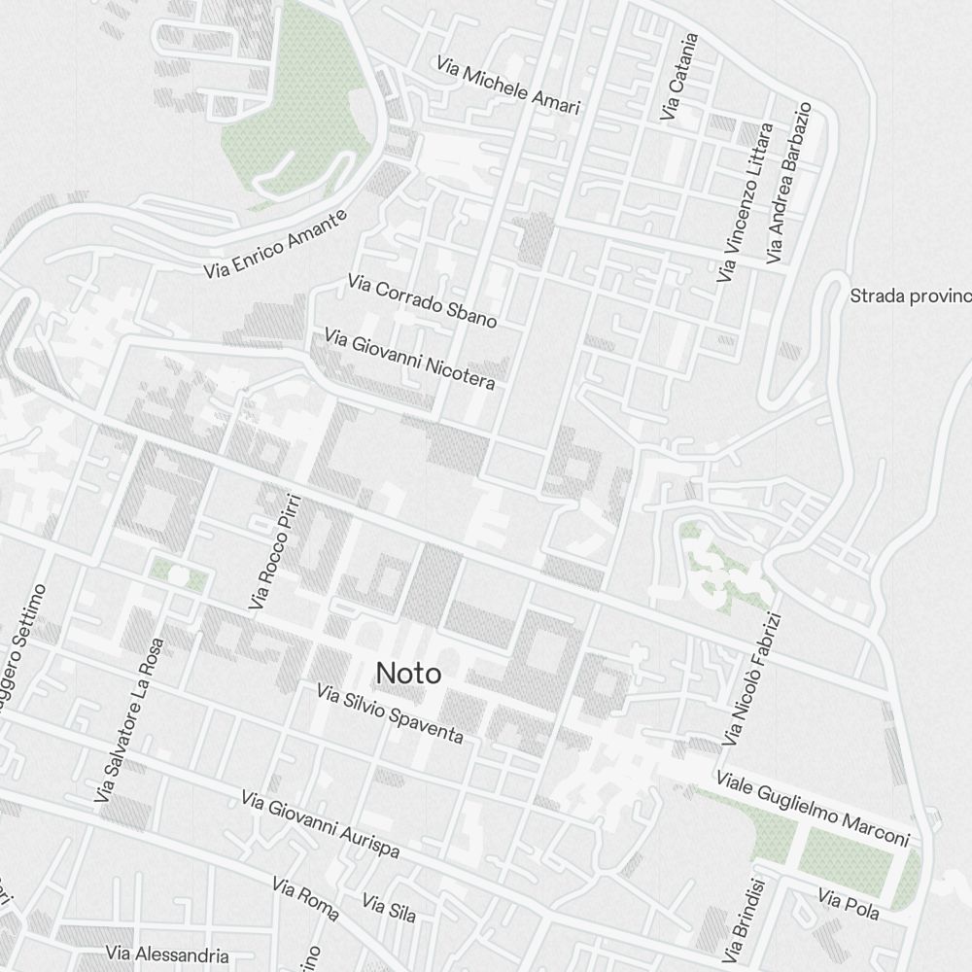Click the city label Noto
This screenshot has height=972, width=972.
(x=408, y=673)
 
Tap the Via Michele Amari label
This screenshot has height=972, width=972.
(x=507, y=86)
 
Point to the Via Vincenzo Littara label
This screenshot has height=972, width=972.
(x=746, y=203)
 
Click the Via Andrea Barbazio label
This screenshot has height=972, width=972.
(x=787, y=183)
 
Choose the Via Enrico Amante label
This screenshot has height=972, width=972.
(x=276, y=245)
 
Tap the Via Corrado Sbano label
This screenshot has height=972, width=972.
(x=422, y=300)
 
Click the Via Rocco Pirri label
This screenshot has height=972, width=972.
(x=276, y=552)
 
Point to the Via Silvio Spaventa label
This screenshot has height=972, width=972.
(x=390, y=713)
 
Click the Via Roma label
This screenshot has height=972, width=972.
(x=305, y=899)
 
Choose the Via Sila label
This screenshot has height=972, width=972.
(x=389, y=908)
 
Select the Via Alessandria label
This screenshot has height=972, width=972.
(x=167, y=955)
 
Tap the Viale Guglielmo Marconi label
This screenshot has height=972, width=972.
(x=812, y=809)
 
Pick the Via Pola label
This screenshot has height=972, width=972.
(x=849, y=904)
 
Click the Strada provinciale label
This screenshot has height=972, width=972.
(x=910, y=295)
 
